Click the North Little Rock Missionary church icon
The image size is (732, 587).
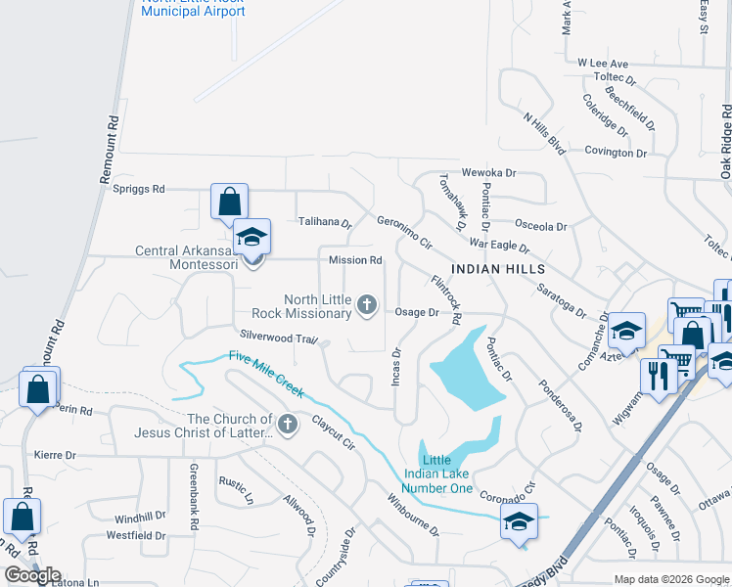click(367, 306)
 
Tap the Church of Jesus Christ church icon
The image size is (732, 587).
click(287, 425)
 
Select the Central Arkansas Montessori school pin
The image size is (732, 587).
click(252, 238)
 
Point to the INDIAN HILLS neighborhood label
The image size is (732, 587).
click(497, 268)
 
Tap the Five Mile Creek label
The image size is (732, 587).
click(266, 375)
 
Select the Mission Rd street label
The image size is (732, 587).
click(355, 260)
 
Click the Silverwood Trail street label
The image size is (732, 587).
click(280, 338)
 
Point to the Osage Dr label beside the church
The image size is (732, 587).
click(417, 312)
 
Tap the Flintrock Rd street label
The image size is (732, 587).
click(446, 299)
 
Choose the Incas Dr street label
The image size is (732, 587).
click(396, 366)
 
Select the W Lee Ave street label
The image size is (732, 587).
click(602, 63)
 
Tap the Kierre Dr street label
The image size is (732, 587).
click(55, 455)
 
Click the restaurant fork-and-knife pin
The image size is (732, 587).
click(655, 375)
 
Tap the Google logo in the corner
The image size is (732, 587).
click(32, 575)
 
